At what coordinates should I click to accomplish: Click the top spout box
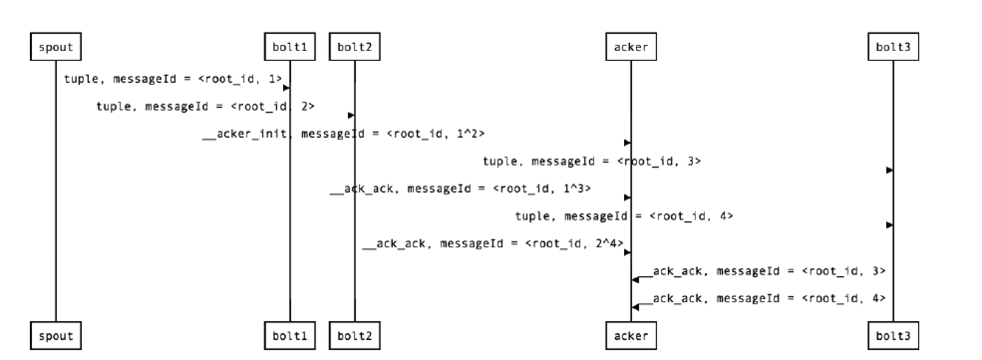(x=56, y=47)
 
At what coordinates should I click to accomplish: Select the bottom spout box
(x=56, y=336)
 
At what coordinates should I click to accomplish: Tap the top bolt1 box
(x=290, y=47)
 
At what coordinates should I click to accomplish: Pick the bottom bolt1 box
(x=290, y=336)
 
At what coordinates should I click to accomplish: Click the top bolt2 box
(x=355, y=47)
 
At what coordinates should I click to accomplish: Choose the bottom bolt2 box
(x=355, y=336)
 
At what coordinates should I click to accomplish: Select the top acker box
(x=631, y=47)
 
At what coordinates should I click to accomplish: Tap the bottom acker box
(x=631, y=336)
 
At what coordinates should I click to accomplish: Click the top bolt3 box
(x=893, y=47)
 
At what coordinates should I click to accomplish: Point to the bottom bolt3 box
(x=893, y=336)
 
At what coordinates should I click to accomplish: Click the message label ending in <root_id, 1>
(x=173, y=79)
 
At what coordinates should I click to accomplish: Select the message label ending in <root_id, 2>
(x=205, y=106)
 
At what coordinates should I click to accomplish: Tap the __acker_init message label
(x=343, y=134)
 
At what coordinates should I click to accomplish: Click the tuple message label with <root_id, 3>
(x=592, y=161)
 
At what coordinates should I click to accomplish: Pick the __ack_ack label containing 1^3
(x=461, y=188)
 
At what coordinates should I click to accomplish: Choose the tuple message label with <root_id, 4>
(x=624, y=216)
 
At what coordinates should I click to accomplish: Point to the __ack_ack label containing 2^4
(x=493, y=243)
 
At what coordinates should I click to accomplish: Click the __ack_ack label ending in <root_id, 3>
(x=769, y=271)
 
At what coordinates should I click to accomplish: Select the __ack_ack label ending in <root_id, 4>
(x=769, y=298)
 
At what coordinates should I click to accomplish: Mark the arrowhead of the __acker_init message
(x=628, y=143)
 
